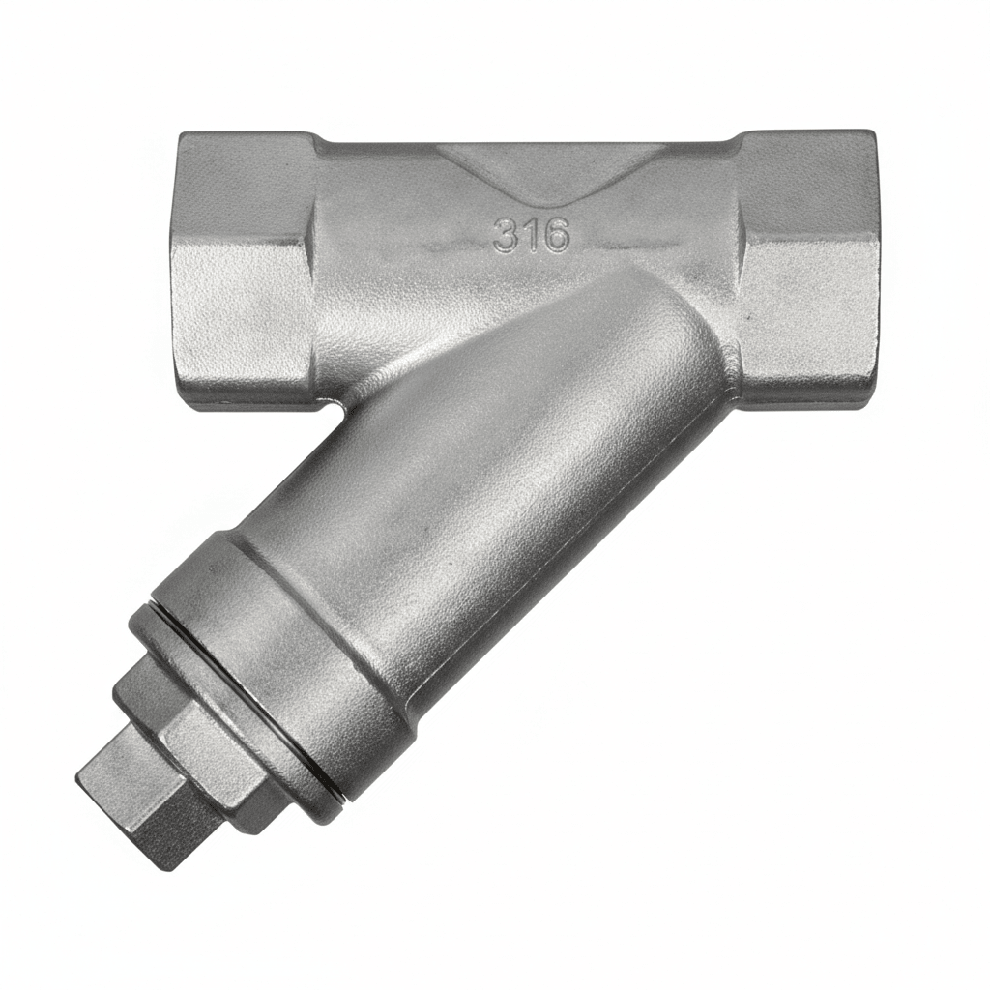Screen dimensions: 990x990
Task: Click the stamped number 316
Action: coord(531,235)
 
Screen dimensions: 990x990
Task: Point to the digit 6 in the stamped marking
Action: coord(556,235)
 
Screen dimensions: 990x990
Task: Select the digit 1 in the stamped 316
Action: coord(531,235)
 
